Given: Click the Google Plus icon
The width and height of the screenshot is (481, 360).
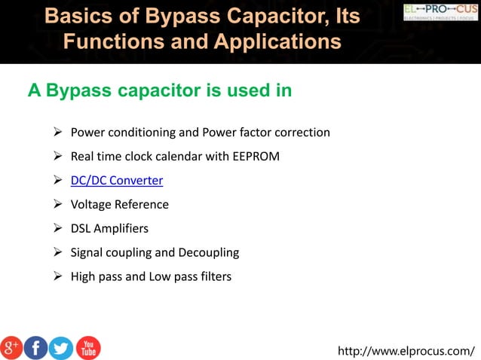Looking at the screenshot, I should tap(12, 347).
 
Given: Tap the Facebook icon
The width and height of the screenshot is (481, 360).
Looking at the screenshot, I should tap(36, 347).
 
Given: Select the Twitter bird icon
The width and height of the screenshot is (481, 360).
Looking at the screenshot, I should tap(61, 347).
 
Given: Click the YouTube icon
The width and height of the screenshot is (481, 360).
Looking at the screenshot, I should tap(87, 347).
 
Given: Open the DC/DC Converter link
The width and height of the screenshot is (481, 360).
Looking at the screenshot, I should tap(117, 181).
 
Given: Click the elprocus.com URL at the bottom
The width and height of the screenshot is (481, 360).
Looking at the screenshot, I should tap(406, 350).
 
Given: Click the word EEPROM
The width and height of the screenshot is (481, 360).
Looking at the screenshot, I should tap(258, 157).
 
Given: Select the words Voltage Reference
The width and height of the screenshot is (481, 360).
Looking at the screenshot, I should tap(119, 204).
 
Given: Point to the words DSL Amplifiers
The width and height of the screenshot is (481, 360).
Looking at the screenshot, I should tap(110, 228).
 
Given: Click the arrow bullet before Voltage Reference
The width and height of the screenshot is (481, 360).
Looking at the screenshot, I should tap(57, 204).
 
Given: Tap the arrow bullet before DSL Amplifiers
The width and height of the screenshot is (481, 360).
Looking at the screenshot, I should tap(57, 228).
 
